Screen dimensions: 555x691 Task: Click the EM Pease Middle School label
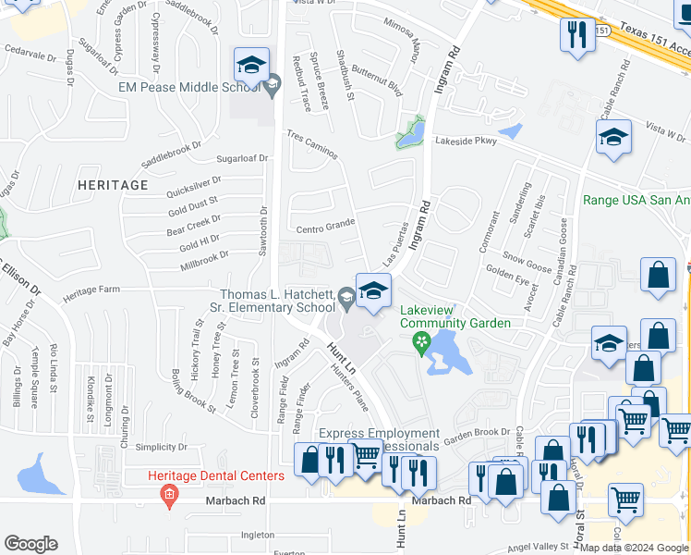pyautogui.click(x=188, y=88)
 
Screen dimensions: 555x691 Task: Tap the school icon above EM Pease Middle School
pyautogui.click(x=251, y=67)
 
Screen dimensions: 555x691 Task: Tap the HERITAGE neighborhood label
pyautogui.click(x=113, y=185)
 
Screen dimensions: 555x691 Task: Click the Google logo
pyautogui.click(x=30, y=543)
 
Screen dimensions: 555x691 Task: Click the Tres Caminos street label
pyautogui.click(x=311, y=143)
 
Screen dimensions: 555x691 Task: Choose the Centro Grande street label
pyautogui.click(x=325, y=226)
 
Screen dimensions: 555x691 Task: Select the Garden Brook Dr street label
pyautogui.click(x=477, y=432)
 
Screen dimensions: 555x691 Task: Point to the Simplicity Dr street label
pyautogui.click(x=162, y=446)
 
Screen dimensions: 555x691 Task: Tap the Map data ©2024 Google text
pyautogui.click(x=634, y=548)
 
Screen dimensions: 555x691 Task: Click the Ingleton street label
pyautogui.click(x=258, y=534)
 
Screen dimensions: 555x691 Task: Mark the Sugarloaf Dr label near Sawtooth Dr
pyautogui.click(x=241, y=158)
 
